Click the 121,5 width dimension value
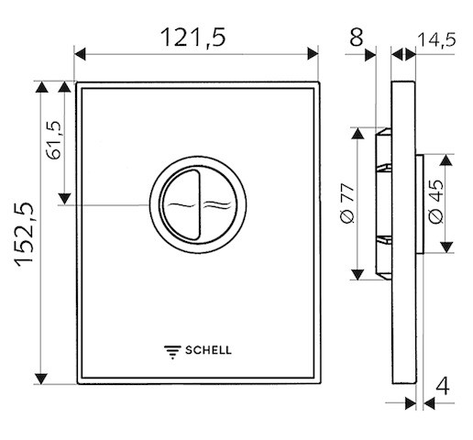(x=193, y=38)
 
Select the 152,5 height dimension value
(x=24, y=235)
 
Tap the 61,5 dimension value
(x=54, y=140)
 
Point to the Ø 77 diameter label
(x=346, y=203)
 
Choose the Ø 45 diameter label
(x=435, y=202)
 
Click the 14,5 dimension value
(x=436, y=40)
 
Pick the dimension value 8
(x=357, y=38)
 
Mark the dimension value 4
(x=443, y=386)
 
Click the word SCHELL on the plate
(x=208, y=350)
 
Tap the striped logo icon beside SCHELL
(x=172, y=352)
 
